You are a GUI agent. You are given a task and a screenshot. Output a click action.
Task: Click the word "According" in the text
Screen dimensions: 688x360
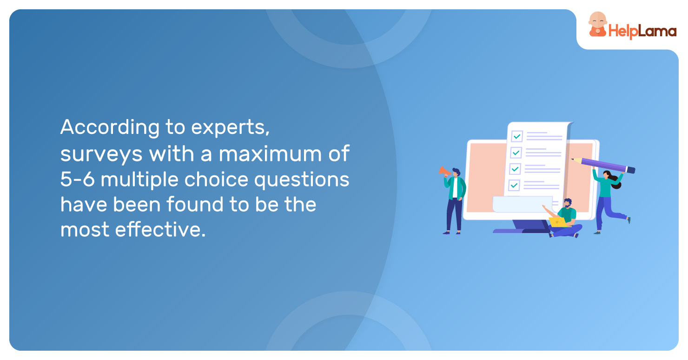tap(110, 127)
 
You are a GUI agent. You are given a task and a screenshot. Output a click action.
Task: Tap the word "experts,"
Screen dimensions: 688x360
tap(231, 127)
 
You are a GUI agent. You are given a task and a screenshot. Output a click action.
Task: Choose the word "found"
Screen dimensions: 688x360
tap(195, 204)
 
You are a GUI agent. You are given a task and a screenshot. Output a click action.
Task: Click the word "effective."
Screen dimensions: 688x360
tap(160, 229)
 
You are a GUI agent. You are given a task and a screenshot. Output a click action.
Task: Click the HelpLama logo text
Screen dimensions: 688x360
tap(642, 32)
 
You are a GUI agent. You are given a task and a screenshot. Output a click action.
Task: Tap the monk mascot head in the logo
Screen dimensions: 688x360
tap(598, 20)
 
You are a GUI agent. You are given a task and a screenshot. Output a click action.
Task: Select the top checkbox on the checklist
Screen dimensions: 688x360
tap(517, 136)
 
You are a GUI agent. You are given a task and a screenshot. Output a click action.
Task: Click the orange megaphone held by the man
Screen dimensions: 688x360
tap(445, 171)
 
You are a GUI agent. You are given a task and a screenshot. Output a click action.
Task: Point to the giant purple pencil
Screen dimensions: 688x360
tap(603, 165)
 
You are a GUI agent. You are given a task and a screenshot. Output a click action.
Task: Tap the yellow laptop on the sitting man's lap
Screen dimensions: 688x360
tap(558, 222)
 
